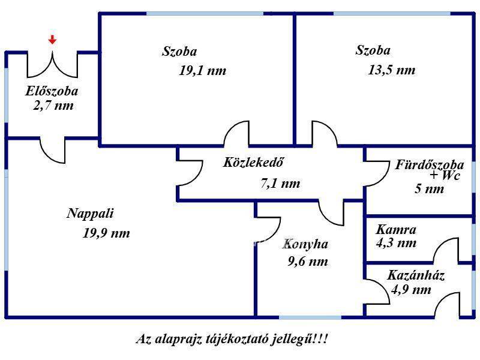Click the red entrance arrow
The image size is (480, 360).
52,40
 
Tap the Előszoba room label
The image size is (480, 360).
52,91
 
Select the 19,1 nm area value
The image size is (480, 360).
203,71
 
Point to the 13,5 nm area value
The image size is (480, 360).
392,70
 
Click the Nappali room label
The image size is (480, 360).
91,214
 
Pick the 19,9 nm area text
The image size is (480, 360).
106,233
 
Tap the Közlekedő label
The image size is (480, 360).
253,162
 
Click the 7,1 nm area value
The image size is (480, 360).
280,184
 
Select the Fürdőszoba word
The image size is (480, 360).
430,164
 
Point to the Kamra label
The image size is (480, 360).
396,230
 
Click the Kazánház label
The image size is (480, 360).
416,275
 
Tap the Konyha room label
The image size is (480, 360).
305,244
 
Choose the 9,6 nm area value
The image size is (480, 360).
308,262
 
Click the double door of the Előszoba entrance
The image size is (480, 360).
52,64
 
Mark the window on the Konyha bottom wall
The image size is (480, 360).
310,317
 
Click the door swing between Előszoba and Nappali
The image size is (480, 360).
53,151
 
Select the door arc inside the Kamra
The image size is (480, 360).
446,250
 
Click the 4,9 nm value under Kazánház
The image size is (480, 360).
411,290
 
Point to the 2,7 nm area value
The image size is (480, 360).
53,106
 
